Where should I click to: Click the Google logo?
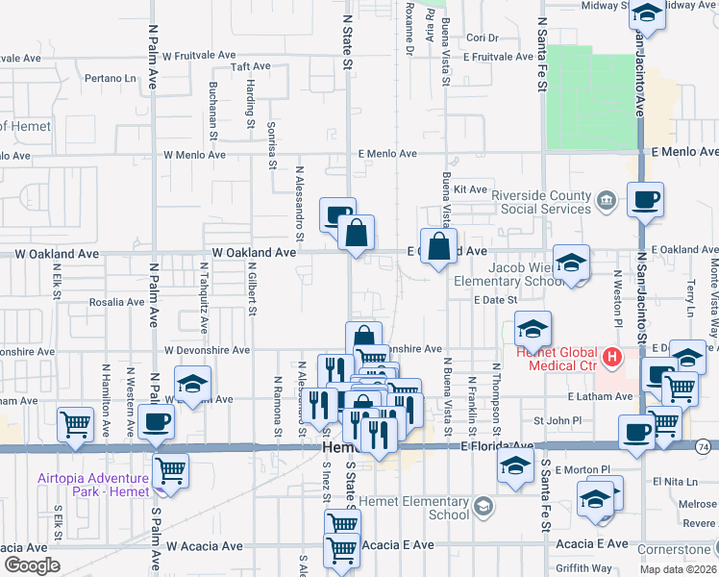pos(31,565)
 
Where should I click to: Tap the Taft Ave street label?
pos(251,66)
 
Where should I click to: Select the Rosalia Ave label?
pos(116,302)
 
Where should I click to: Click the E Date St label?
pos(496,300)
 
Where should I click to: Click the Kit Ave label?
pos(471,189)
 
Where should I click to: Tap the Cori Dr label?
pos(483,38)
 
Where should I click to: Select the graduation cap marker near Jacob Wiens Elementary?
pos(572,263)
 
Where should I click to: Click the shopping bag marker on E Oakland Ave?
pos(438,247)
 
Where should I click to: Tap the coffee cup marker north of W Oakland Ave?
pos(337,214)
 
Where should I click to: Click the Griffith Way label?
pos(583,567)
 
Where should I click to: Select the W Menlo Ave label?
pos(194,154)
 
